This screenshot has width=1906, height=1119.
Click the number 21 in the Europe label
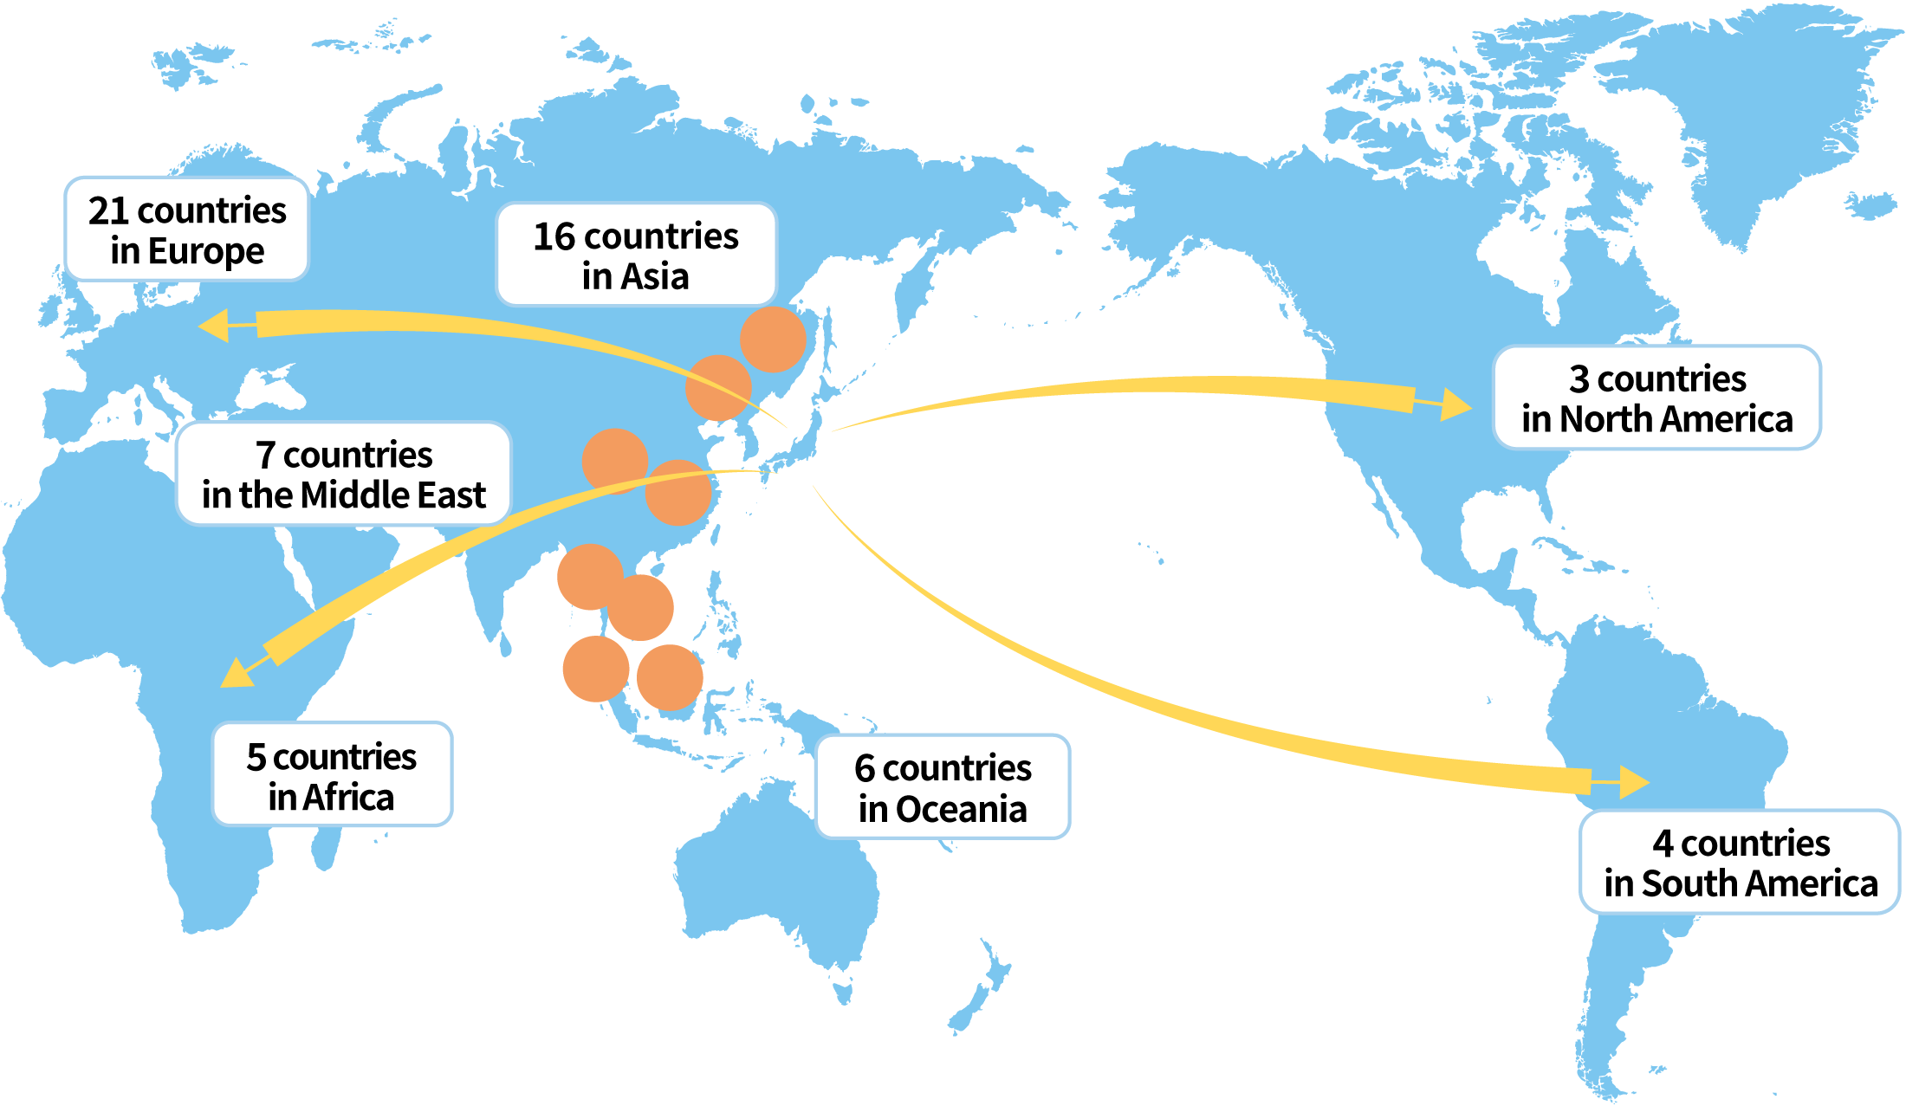(x=108, y=210)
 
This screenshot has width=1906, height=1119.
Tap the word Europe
(x=205, y=251)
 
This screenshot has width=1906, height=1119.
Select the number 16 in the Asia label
(x=554, y=236)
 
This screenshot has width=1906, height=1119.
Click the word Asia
(x=655, y=277)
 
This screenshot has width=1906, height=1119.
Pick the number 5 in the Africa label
(x=256, y=757)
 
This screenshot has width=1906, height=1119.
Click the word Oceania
(x=961, y=810)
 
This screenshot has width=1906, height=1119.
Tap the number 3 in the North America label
(x=1579, y=379)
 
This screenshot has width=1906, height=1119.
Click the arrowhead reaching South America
(x=1633, y=782)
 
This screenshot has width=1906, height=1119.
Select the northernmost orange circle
(x=773, y=339)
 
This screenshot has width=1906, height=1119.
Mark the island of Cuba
(x=1559, y=549)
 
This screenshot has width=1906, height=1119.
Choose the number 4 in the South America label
(x=1662, y=844)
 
